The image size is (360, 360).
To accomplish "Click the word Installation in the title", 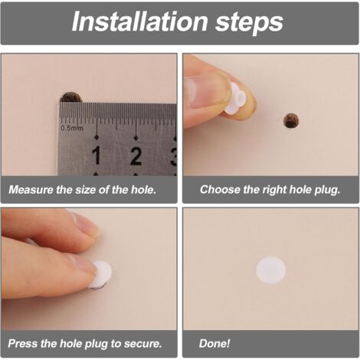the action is [x=139, y=21].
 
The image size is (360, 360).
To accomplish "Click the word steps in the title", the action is [x=249, y=24].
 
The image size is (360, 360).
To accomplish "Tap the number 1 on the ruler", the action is [x=97, y=155].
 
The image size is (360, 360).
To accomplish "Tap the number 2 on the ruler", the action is [x=136, y=155].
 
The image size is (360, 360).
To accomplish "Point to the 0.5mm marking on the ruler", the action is [x=72, y=128].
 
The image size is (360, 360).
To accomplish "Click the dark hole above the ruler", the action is [x=70, y=97].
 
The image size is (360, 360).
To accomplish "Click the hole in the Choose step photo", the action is [x=291, y=121].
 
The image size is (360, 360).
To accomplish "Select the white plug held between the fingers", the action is [x=235, y=98].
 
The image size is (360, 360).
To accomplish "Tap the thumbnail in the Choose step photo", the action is [x=197, y=93].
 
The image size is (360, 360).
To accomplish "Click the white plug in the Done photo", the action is [x=270, y=270].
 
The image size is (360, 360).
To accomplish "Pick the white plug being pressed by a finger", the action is [x=101, y=274].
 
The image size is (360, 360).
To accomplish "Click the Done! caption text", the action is [x=214, y=343].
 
